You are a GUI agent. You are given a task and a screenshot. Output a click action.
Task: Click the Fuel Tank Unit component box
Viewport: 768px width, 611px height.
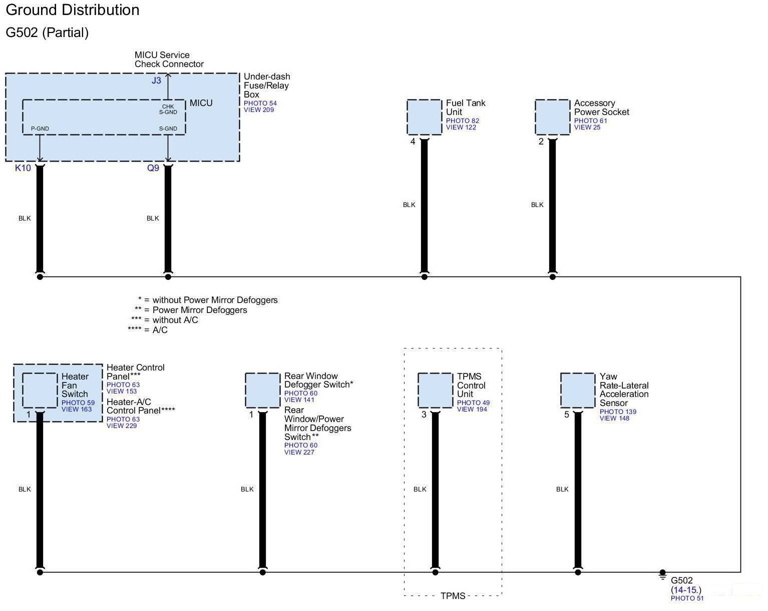[x=424, y=117]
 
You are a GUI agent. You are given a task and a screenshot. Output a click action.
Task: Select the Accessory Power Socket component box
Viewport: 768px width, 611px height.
[x=552, y=117]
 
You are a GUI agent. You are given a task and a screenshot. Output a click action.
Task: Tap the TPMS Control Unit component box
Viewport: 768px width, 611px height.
[x=435, y=390]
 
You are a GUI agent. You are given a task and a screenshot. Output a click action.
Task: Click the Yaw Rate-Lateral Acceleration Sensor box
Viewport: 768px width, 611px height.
[x=578, y=390]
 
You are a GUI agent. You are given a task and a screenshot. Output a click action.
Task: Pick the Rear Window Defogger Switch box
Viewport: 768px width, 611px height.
[x=262, y=390]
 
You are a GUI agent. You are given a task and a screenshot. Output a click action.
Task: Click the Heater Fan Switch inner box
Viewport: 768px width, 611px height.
[x=40, y=390]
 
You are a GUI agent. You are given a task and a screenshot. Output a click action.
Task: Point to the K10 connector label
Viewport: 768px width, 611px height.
[x=23, y=168]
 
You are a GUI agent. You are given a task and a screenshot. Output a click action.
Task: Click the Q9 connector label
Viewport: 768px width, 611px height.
[x=153, y=168]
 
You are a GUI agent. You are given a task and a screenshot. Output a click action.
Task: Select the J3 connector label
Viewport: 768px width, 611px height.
[x=156, y=80]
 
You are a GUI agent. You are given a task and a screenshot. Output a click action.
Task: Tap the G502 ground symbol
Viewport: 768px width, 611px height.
[x=662, y=575]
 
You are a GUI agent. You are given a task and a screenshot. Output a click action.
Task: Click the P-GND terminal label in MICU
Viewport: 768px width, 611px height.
[x=40, y=128]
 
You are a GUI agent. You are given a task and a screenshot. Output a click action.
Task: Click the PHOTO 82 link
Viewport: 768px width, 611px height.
[x=463, y=120]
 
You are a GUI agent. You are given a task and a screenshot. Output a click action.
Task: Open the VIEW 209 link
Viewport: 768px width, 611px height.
[x=259, y=110]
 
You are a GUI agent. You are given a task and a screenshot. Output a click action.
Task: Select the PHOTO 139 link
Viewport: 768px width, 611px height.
[x=618, y=411]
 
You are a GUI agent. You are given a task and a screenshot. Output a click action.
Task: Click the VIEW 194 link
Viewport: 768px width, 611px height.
[x=472, y=409]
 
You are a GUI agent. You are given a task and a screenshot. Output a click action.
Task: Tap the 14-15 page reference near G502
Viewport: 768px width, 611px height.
[x=685, y=590]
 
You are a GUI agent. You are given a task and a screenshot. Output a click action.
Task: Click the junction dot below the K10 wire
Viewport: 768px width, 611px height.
[x=40, y=276]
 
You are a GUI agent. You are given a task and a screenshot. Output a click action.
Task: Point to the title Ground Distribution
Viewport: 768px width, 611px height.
[x=73, y=10]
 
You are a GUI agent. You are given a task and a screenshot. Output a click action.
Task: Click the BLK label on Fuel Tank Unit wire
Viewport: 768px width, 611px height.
[x=409, y=204]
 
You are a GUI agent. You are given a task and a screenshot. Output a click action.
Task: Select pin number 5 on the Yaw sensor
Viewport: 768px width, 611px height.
[x=567, y=414]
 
